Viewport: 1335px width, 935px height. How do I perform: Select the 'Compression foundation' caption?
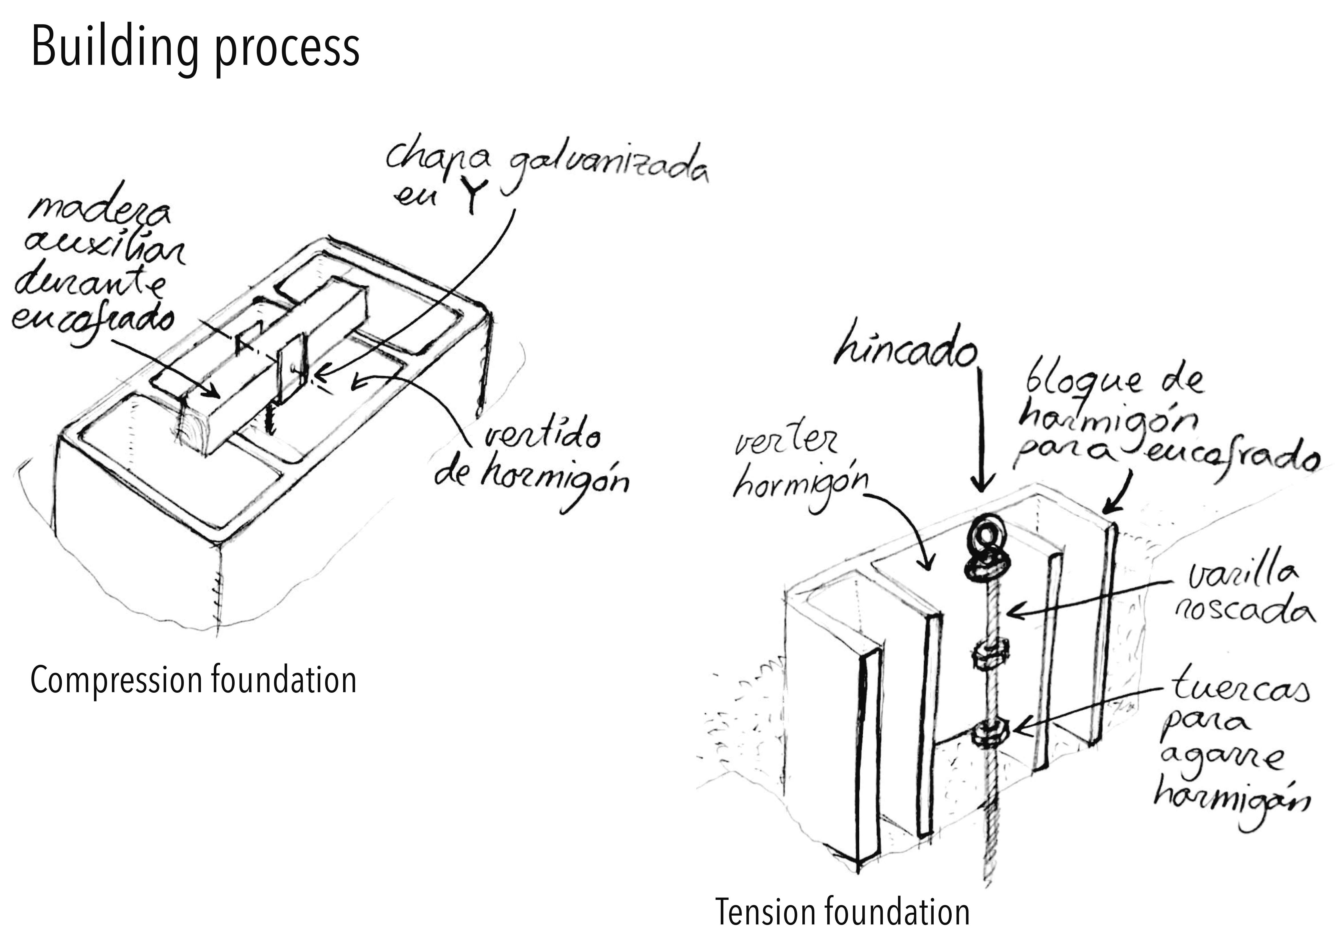click(x=193, y=680)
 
